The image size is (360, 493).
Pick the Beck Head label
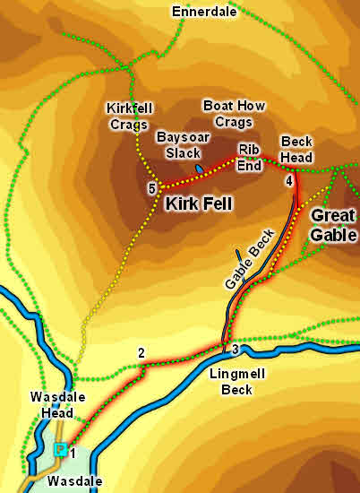pos(296,149)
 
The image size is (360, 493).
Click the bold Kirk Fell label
pos(199,204)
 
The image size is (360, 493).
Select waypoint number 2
pos(141,352)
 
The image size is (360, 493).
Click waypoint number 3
pos(235,349)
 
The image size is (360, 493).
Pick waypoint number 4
pos(288,181)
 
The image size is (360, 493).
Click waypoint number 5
pos(152,188)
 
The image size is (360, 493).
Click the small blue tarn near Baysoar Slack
pos(199,169)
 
